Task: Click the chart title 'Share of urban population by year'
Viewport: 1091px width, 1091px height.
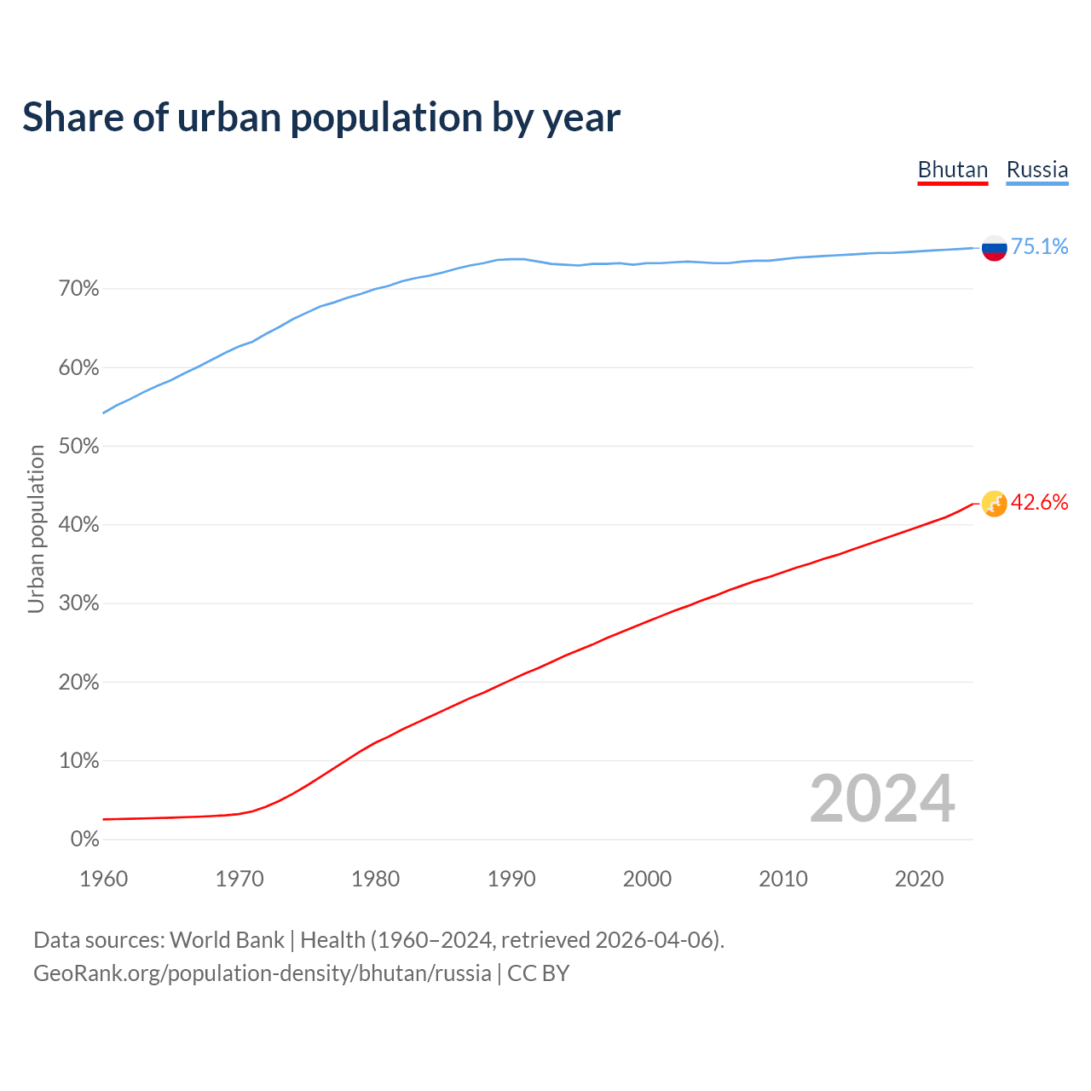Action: pos(321,118)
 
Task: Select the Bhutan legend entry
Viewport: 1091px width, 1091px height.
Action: pos(952,170)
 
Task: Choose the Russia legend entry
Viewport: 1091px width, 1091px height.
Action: pos(1036,170)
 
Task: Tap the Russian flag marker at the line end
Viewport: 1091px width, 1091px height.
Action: pos(994,248)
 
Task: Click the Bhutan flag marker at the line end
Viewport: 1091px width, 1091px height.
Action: pos(994,504)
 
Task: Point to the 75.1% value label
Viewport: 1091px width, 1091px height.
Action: pos(1039,247)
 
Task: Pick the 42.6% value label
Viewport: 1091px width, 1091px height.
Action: pos(1039,503)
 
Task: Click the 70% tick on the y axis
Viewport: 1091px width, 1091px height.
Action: pos(79,289)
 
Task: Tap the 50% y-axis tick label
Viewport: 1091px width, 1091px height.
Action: pos(79,447)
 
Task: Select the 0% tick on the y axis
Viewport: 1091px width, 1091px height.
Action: pos(84,840)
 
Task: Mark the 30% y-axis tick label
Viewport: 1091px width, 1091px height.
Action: pos(79,603)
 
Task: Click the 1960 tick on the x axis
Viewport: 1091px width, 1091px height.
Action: pos(103,879)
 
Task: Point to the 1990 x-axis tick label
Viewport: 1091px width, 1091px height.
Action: pos(511,879)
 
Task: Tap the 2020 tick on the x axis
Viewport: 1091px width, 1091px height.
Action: pos(919,879)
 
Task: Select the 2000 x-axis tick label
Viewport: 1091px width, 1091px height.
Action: pos(647,879)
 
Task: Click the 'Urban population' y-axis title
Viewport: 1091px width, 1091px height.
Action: pos(36,529)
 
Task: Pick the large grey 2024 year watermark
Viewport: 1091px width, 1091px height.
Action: pos(882,799)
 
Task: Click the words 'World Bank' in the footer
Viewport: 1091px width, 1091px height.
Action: pos(227,940)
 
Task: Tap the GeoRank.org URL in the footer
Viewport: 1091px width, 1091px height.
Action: pos(262,973)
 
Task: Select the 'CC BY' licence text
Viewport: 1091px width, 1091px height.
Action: pos(538,973)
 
